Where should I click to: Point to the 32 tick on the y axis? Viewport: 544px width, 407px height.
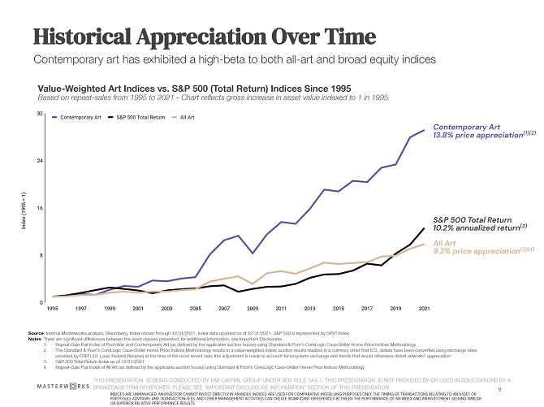coord(40,113)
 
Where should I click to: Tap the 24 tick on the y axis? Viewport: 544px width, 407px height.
coord(40,161)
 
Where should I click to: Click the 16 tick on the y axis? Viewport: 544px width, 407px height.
coord(40,208)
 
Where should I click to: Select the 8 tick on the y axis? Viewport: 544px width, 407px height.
coord(41,255)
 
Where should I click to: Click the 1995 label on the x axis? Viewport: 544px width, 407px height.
coord(52,310)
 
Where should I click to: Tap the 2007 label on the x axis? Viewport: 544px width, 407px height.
coord(224,310)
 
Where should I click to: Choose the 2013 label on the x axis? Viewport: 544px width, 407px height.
coord(309,310)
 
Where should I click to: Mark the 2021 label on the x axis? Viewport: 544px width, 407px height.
coord(424,310)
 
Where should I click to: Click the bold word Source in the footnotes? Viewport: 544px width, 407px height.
coord(36,333)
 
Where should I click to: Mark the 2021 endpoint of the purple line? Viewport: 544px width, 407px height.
coord(424,130)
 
